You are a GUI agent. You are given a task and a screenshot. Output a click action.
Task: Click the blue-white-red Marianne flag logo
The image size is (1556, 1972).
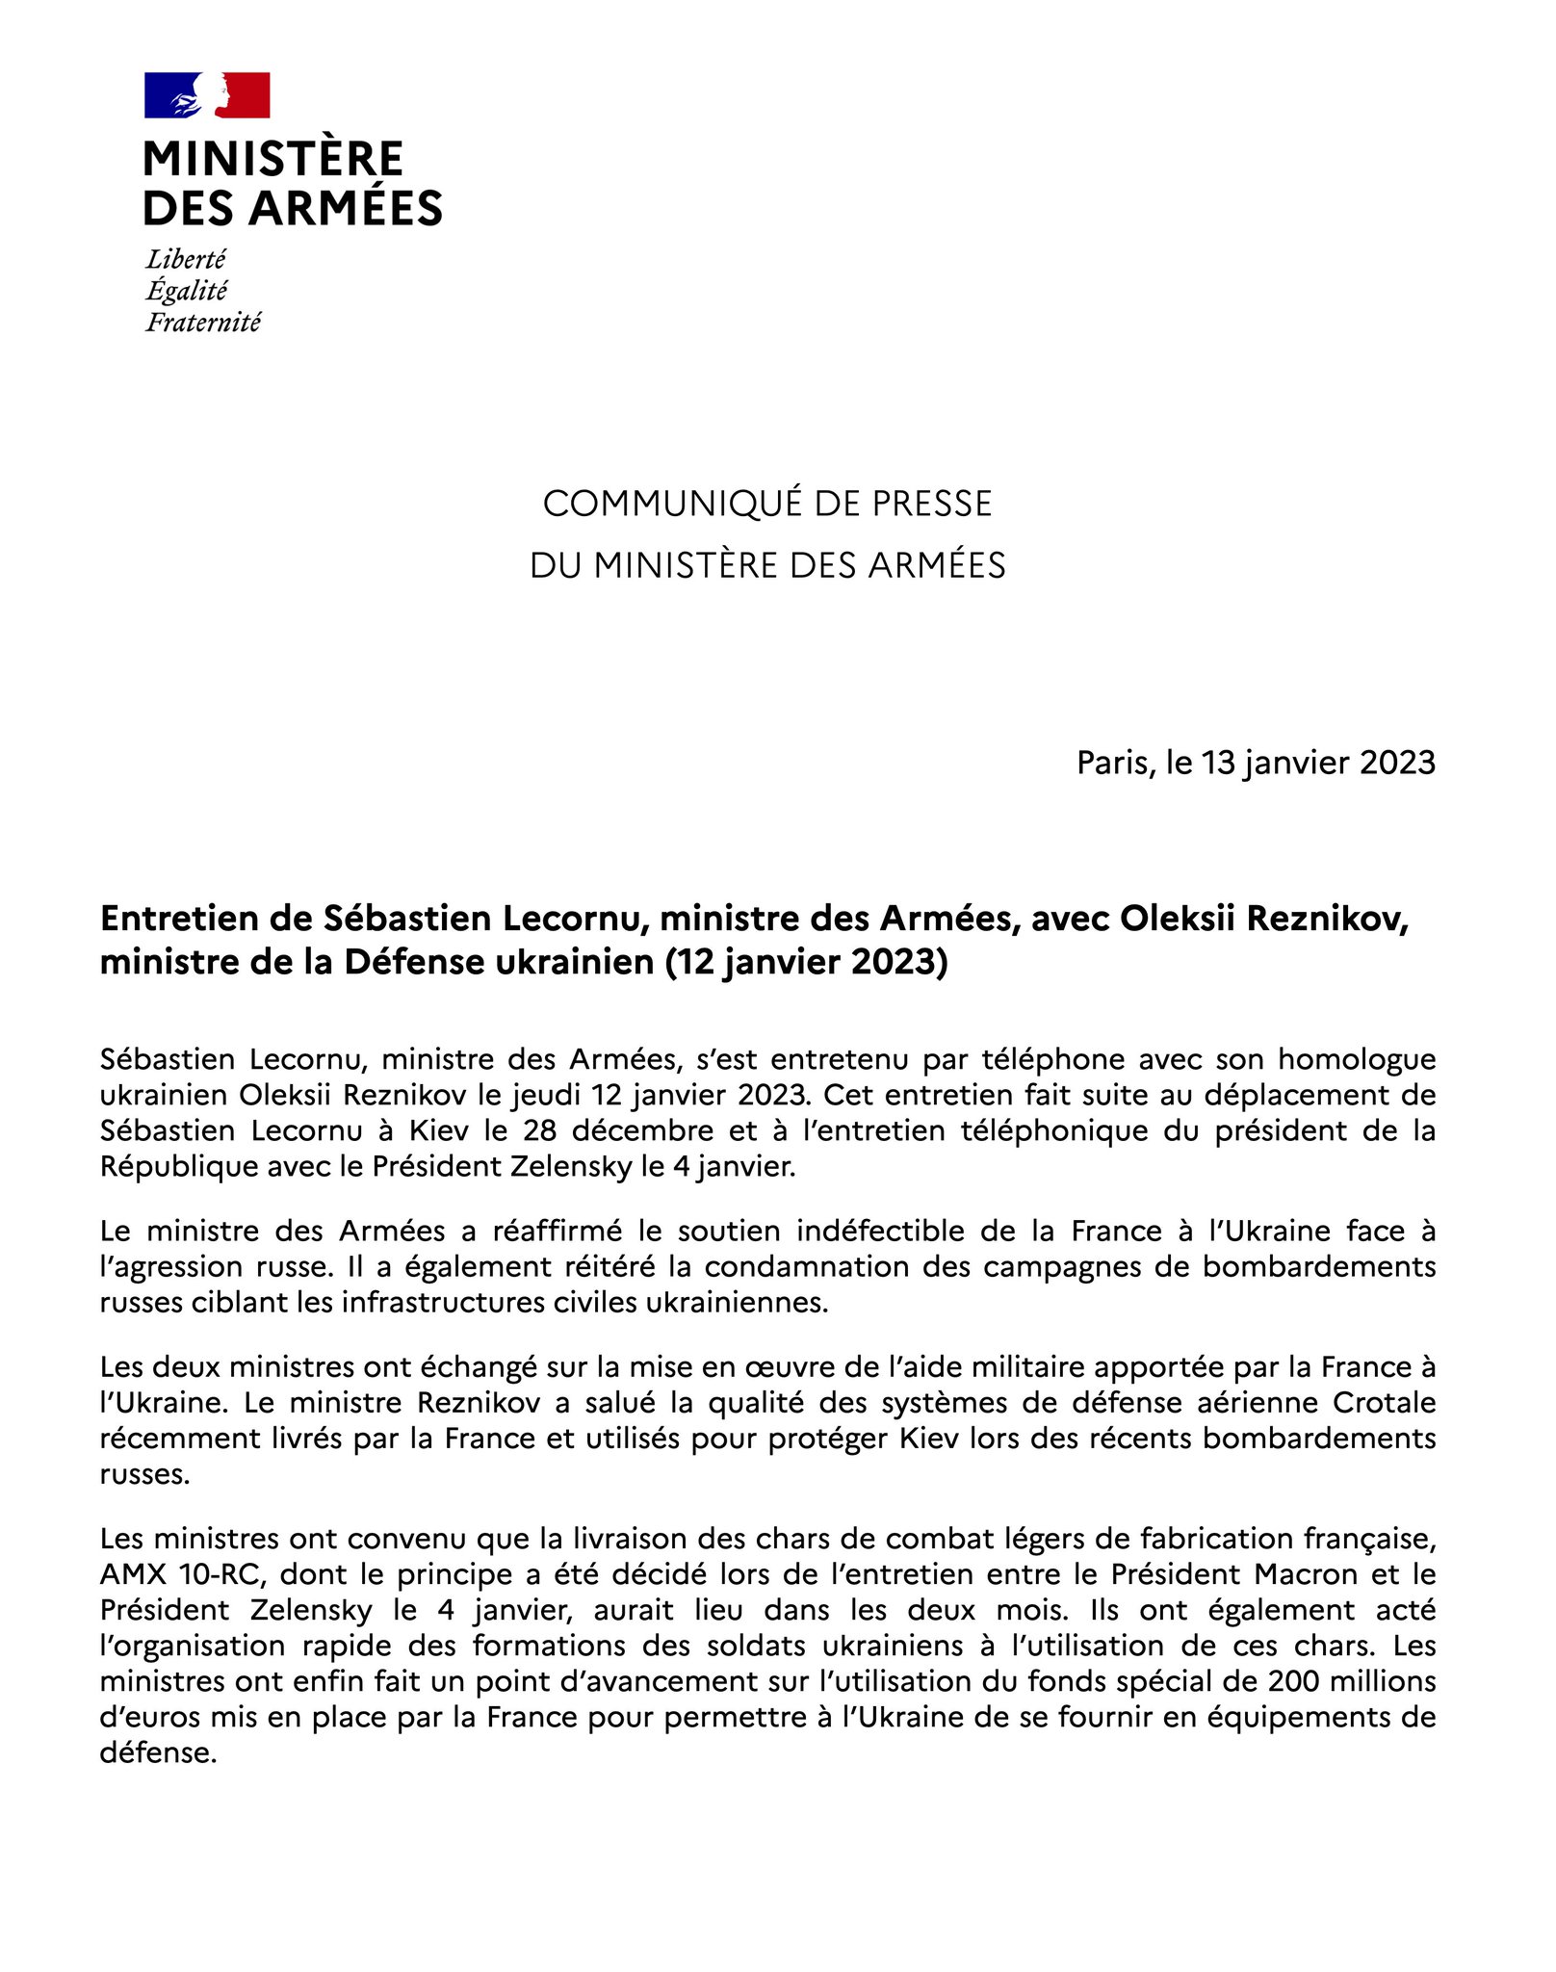(x=207, y=95)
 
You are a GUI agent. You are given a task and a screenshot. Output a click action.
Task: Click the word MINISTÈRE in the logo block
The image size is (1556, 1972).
(x=273, y=159)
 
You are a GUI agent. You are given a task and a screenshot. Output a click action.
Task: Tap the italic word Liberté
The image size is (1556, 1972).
(x=186, y=260)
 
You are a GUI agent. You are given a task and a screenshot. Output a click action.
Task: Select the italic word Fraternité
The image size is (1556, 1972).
(x=203, y=323)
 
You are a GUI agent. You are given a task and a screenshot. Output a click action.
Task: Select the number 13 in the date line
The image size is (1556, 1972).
(x=1217, y=763)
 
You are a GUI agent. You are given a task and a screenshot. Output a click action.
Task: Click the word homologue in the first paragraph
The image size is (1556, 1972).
(x=1357, y=1059)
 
